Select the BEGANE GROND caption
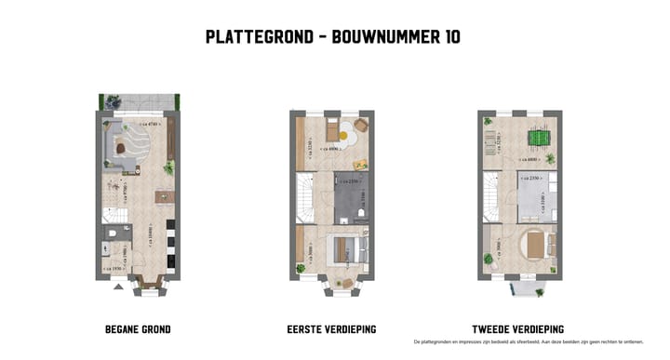(x=138, y=329)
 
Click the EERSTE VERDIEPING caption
(x=332, y=329)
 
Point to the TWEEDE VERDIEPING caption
(x=518, y=329)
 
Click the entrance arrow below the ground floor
(x=117, y=286)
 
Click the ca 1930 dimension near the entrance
(x=115, y=269)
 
